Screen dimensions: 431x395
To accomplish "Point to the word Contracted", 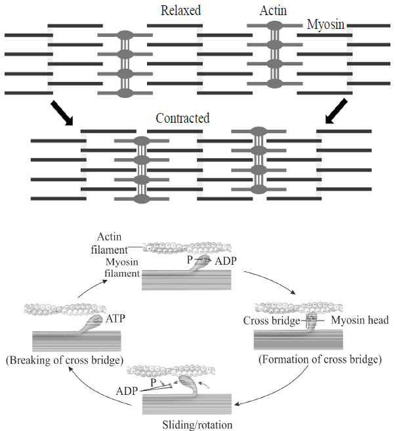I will point(182,119).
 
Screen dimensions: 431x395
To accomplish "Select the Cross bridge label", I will point(271,321).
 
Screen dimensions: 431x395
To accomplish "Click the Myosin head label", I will point(360,321).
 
